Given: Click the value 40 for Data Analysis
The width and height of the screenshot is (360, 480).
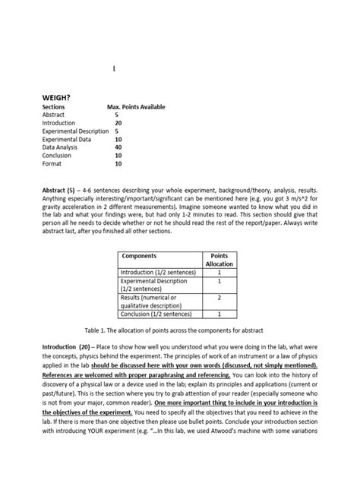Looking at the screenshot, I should coord(118,147).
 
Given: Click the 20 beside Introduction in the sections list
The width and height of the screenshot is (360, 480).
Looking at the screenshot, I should coord(118,122).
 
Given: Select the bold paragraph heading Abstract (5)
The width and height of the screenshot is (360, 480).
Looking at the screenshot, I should coord(61,186).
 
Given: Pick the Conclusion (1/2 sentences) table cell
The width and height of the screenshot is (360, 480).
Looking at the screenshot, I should coord(156,313).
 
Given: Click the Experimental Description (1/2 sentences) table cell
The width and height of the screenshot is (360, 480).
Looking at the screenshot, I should coord(156,284).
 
